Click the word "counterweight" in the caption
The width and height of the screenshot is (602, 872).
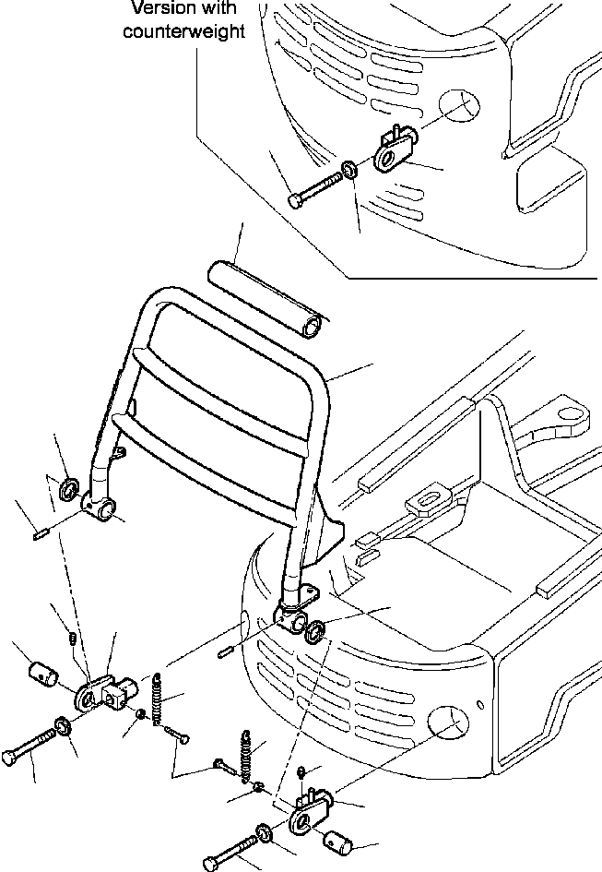[x=183, y=31]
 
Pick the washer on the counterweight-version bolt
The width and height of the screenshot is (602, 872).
[x=349, y=169]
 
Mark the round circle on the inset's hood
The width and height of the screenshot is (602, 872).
[x=459, y=104]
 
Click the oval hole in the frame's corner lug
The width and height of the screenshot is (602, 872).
[x=569, y=413]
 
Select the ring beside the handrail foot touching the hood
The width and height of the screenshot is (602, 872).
[x=314, y=632]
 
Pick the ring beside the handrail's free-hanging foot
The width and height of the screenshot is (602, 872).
[x=70, y=489]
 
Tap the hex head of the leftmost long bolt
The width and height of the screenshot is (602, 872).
[x=9, y=759]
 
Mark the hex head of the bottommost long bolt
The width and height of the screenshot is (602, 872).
[x=211, y=863]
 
